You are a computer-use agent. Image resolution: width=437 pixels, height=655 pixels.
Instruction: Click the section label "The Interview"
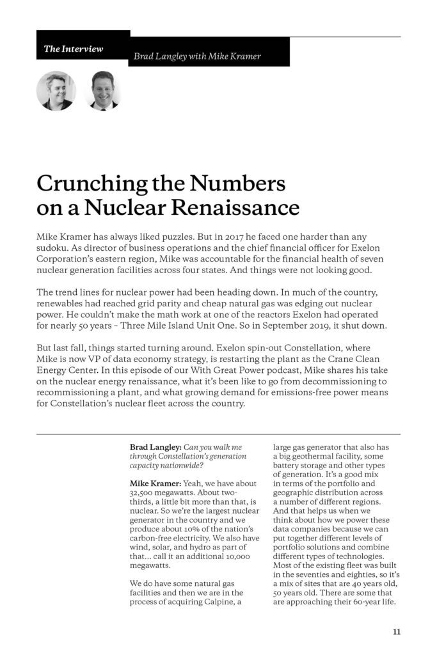[x=74, y=49]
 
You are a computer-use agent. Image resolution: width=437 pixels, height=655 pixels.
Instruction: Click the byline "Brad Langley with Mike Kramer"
[x=197, y=56]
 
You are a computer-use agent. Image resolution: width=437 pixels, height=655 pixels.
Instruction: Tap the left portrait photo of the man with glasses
[x=56, y=91]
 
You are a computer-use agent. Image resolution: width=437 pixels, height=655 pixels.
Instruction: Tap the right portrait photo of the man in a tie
[x=101, y=91]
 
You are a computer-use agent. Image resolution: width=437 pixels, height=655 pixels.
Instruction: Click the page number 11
[x=397, y=633]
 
